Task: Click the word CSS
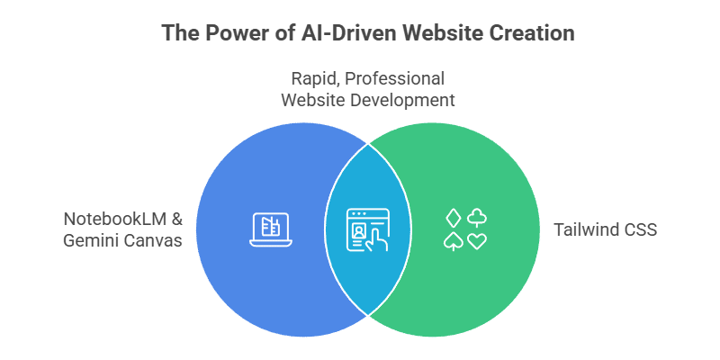point(639,230)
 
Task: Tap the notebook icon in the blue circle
point(265,229)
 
